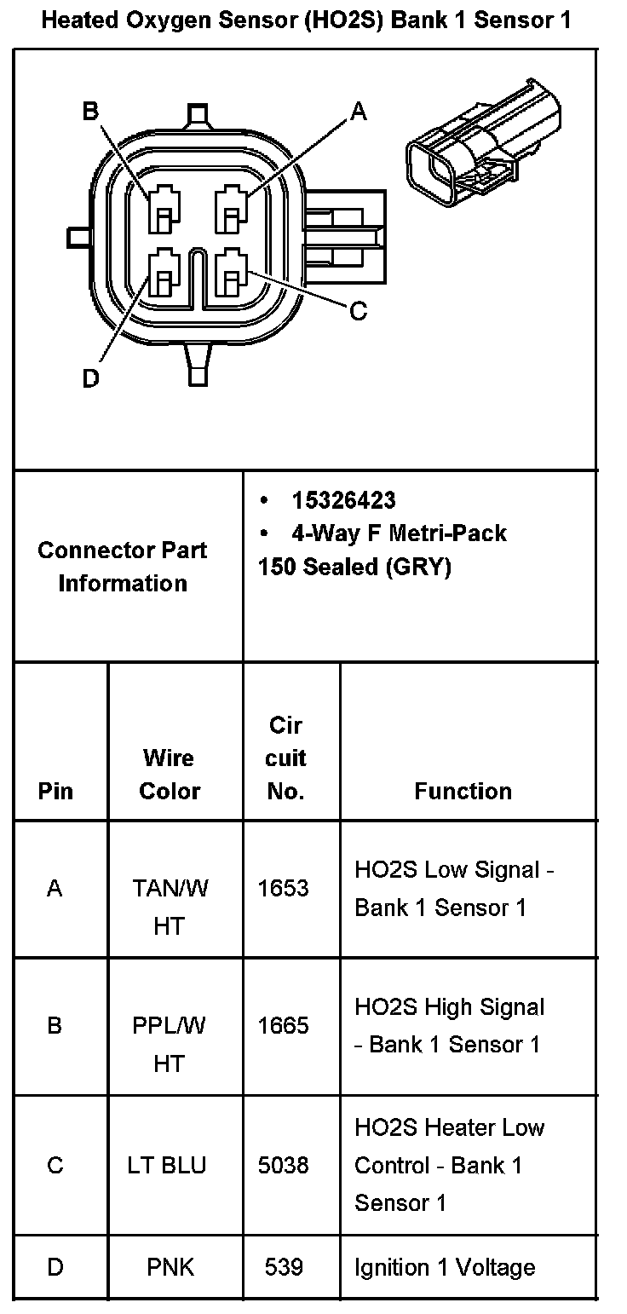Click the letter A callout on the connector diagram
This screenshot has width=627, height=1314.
pyautogui.click(x=359, y=112)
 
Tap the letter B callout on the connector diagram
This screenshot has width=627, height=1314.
pyautogui.click(x=90, y=112)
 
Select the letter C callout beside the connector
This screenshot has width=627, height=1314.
pyautogui.click(x=359, y=312)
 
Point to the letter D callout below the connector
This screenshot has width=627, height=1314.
pyautogui.click(x=90, y=378)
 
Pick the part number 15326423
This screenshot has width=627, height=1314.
pyautogui.click(x=343, y=500)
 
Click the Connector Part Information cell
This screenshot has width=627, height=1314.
pyautogui.click(x=123, y=567)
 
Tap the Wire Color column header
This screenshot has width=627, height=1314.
pyautogui.click(x=169, y=774)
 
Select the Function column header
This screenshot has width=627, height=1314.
pyautogui.click(x=463, y=791)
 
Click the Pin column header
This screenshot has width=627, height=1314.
pyautogui.click(x=55, y=791)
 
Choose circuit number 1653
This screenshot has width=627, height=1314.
pyautogui.click(x=284, y=888)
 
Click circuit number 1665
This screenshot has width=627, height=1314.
pyautogui.click(x=284, y=1025)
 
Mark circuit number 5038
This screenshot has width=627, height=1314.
pyautogui.click(x=284, y=1165)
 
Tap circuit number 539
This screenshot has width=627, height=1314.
pyautogui.click(x=284, y=1267)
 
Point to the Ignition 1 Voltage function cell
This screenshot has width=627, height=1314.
pyautogui.click(x=445, y=1267)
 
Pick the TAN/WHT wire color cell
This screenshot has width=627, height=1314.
pyautogui.click(x=170, y=907)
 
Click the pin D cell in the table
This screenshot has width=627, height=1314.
pyautogui.click(x=55, y=1267)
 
